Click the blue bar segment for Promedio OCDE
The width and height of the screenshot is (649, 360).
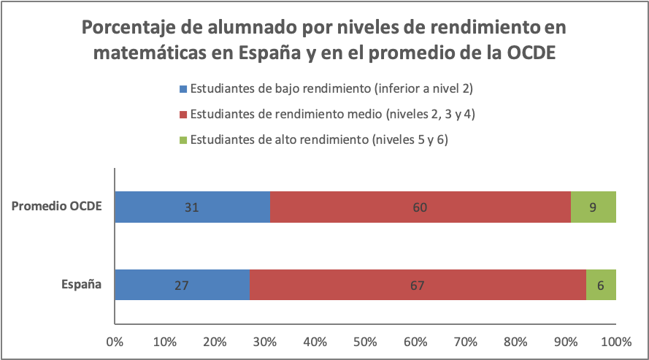[x=192, y=207]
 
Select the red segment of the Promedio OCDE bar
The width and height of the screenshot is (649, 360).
[x=420, y=207]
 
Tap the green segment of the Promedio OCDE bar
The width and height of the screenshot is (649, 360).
[x=594, y=207]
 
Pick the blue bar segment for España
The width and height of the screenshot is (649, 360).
[x=182, y=285]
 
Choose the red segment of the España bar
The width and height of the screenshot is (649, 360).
[x=418, y=285]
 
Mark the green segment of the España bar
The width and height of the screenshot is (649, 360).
[x=601, y=285]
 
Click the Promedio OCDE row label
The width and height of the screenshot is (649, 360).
[x=56, y=207]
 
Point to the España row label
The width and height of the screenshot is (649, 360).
[x=80, y=285]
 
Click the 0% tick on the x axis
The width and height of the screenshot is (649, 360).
[x=115, y=341]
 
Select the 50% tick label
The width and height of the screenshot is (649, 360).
[x=366, y=341]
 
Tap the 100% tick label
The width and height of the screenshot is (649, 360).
[x=616, y=341]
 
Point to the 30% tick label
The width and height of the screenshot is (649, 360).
[x=265, y=341]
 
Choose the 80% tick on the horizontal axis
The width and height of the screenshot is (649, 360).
[x=516, y=341]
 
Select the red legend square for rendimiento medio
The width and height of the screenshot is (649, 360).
[x=183, y=115]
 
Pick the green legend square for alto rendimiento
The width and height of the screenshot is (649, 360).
[x=183, y=139]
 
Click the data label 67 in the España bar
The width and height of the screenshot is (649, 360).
[x=418, y=285]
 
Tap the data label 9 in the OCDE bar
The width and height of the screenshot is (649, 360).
[x=594, y=207]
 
